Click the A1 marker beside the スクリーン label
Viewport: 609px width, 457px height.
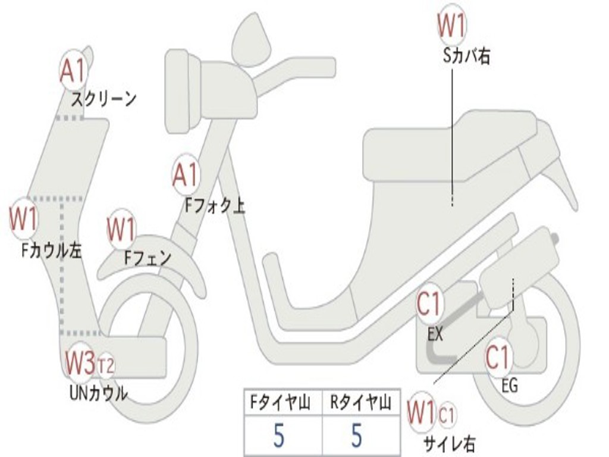tap(74, 70)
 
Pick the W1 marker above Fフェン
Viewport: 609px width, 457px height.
tap(121, 229)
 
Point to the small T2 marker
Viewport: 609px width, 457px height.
tap(106, 366)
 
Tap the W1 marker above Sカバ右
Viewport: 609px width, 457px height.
tap(452, 25)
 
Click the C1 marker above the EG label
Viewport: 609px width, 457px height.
tap(499, 358)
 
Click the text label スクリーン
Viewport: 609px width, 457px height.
tap(103, 99)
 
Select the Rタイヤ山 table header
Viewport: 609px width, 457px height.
tap(361, 402)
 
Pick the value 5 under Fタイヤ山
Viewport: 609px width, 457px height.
tap(278, 435)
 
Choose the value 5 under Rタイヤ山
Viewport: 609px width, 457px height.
tap(356, 435)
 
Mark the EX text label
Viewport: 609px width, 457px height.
tap(435, 334)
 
